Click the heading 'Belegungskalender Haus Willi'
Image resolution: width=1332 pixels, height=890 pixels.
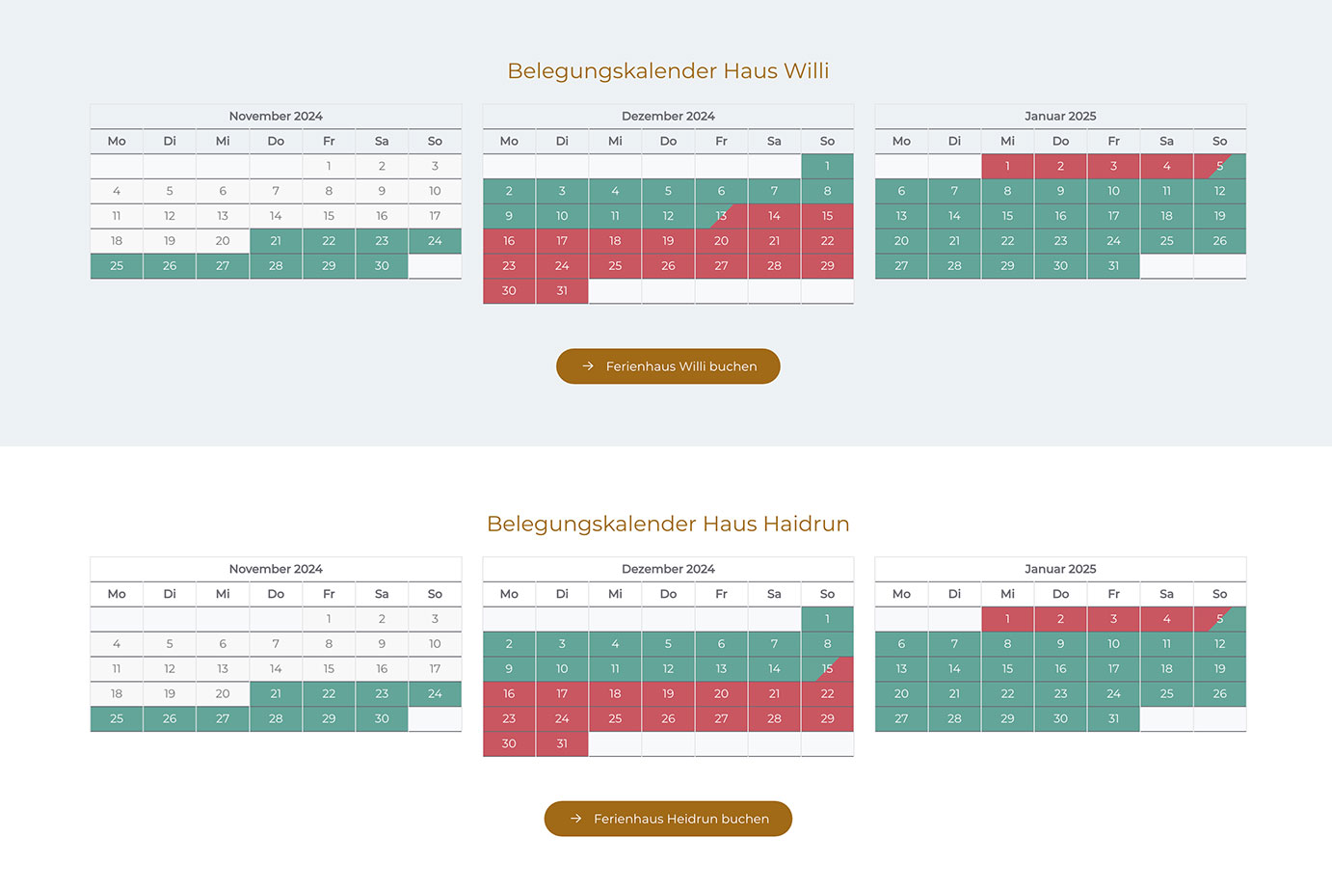[668, 70]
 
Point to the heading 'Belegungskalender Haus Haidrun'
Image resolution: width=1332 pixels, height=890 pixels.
[668, 524]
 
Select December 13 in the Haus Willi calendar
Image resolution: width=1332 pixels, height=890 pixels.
[721, 216]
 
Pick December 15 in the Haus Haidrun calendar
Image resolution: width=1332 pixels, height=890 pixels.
[827, 669]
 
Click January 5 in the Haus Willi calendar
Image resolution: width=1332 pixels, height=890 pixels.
[1219, 166]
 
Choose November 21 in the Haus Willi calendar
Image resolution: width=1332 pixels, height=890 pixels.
[276, 241]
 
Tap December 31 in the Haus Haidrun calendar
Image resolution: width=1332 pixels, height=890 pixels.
[562, 743]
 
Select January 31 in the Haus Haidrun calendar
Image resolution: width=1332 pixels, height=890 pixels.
[1113, 718]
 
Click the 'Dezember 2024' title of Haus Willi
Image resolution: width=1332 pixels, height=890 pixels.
[668, 116]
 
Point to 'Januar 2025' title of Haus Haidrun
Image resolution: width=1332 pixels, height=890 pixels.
[1060, 569]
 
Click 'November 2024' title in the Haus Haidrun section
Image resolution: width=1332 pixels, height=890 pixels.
[276, 569]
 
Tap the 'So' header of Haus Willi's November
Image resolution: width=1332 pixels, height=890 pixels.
[435, 141]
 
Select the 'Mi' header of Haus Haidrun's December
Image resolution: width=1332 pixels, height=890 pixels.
[615, 594]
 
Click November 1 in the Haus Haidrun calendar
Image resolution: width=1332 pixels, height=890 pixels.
[329, 619]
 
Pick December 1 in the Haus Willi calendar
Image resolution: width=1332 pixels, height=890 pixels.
[827, 166]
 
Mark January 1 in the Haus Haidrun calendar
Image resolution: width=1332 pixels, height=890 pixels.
[1007, 619]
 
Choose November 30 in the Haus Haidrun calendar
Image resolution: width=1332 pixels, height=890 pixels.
[382, 718]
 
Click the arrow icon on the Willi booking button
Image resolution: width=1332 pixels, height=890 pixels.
[588, 366]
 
